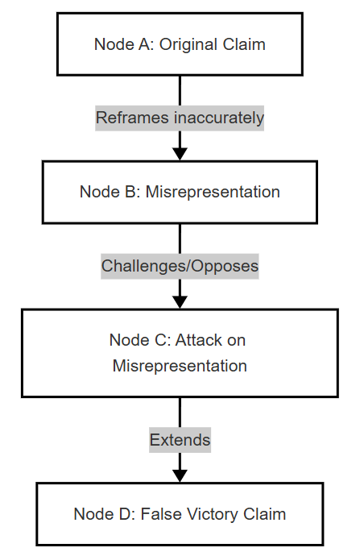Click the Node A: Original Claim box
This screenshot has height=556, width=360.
point(180,44)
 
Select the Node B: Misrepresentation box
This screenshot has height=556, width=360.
point(180,193)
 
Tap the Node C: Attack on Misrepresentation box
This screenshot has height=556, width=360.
point(180,353)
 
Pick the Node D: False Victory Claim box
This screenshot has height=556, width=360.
point(180,514)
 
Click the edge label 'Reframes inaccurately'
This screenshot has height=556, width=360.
point(180,118)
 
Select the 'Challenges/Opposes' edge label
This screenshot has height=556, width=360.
point(180,266)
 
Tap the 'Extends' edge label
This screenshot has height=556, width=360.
point(180,440)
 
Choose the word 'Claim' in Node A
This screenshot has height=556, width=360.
point(244,44)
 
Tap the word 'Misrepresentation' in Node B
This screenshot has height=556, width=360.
point(213,193)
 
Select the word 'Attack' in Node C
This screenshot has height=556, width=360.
point(198,340)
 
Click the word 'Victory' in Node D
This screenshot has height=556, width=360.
point(212,515)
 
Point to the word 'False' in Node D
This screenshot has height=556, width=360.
point(161,514)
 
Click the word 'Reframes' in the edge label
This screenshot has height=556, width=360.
point(132,118)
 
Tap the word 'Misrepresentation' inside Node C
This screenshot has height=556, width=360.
point(180,366)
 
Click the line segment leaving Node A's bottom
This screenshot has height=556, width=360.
point(180,90)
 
